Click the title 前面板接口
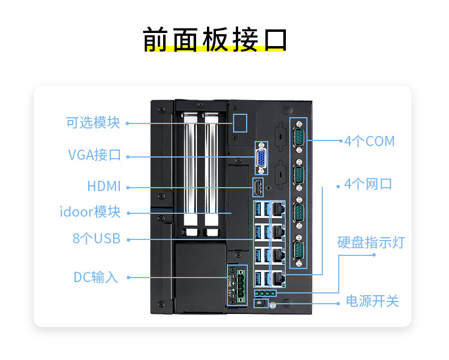coord(215,39)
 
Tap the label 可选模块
coord(93,122)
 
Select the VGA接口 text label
coord(94,155)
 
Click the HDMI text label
coord(104,186)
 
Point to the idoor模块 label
coord(90,212)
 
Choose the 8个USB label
coord(97,239)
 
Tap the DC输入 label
coord(96,278)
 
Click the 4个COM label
coord(369,141)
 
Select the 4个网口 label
coord(368,185)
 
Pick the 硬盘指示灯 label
coord(371,243)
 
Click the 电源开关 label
coord(372,301)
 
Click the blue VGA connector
coord(261,159)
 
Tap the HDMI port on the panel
coord(257,186)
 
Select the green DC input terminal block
coord(240,284)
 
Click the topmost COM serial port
coord(298,138)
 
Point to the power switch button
coord(260,303)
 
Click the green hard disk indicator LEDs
coord(264,293)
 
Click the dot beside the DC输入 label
coord(128,278)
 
